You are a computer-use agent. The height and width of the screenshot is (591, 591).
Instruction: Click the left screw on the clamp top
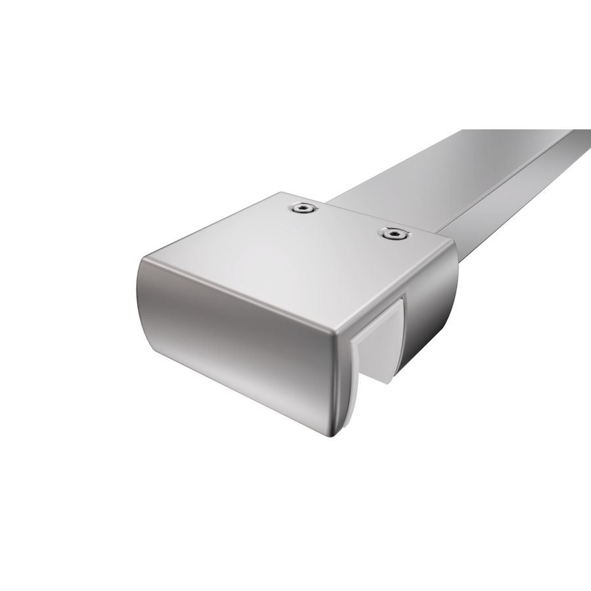coord(303,208)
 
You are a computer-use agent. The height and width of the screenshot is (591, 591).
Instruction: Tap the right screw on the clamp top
coord(393,233)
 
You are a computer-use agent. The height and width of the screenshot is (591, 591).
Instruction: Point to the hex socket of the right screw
coord(393,233)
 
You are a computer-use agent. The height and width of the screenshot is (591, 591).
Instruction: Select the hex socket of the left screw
coord(303,208)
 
